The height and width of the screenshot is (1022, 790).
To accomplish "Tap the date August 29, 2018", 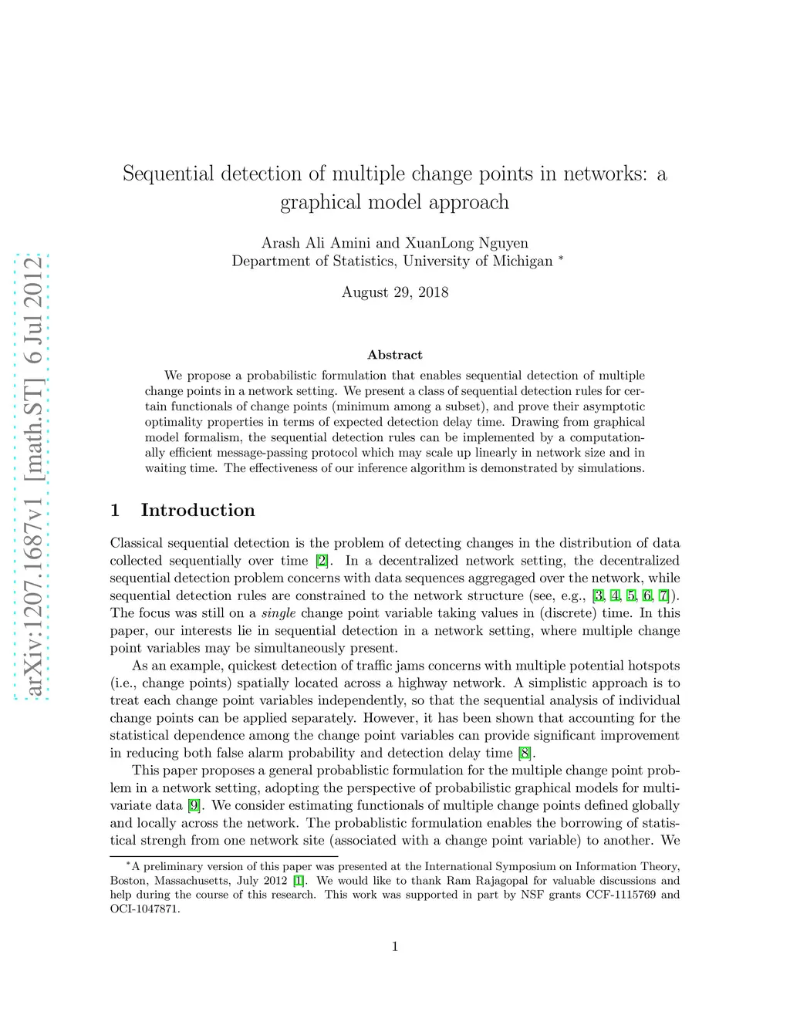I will click(395, 292).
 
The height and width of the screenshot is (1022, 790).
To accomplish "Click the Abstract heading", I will click(395, 355).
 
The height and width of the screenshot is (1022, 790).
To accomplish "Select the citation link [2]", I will click(322, 561).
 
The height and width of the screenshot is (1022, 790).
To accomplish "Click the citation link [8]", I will click(525, 753).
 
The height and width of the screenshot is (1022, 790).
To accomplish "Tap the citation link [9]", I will click(194, 805).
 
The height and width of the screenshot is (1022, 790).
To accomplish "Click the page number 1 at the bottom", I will click(395, 946).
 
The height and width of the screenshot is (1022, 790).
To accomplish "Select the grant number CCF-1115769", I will click(621, 895).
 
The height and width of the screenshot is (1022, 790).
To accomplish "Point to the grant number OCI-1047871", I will click(144, 909).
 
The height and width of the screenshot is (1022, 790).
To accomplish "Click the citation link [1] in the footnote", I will click(299, 881).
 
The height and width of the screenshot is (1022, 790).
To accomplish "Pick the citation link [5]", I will click(631, 595).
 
